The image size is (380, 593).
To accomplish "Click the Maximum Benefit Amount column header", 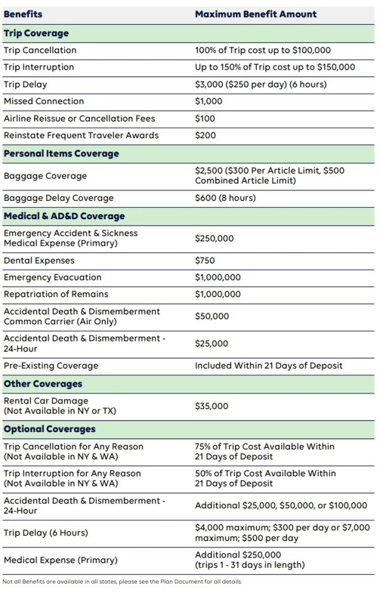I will tap(256, 14).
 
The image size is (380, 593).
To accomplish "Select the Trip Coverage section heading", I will tap(36, 33).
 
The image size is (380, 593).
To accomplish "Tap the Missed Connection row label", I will tap(44, 101).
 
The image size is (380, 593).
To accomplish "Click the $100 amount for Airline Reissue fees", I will tap(205, 118).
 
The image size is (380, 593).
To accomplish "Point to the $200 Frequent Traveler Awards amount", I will tap(205, 136).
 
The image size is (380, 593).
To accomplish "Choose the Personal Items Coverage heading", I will tap(61, 153).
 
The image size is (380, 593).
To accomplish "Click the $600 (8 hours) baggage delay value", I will tap(225, 198).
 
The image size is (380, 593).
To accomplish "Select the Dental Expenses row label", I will tap(39, 260).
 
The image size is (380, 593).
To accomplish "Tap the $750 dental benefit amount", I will tap(205, 260).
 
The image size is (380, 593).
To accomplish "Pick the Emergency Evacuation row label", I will tap(53, 277).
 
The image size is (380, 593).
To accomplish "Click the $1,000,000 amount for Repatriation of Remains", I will tap(218, 295).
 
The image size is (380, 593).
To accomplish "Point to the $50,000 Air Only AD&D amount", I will tap(212, 316).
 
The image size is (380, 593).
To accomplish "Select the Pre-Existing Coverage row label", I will tap(51, 366).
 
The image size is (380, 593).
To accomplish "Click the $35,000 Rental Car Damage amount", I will tap(212, 406).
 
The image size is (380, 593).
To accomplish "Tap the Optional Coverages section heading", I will tap(50, 429).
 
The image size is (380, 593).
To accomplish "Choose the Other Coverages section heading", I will tap(43, 384).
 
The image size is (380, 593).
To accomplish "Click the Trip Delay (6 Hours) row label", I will tap(46, 533).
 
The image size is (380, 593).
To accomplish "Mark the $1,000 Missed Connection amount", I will tap(209, 101).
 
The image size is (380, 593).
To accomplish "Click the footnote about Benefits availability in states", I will tap(122, 582).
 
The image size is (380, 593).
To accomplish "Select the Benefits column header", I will tap(23, 14).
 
